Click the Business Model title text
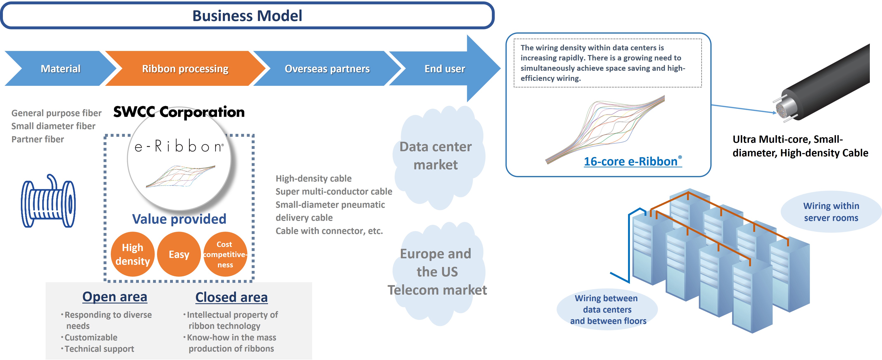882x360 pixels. tap(247, 16)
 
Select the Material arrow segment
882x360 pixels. tap(61, 68)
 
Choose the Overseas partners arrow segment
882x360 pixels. tap(327, 68)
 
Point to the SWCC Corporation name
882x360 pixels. tap(179, 112)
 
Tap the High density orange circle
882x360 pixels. tap(132, 254)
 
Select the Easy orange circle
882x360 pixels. tap(179, 254)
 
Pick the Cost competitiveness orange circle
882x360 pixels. tap(225, 254)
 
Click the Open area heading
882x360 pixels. tap(115, 297)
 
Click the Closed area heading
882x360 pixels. tap(231, 297)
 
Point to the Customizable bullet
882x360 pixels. tap(91, 337)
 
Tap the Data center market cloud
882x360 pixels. tap(436, 156)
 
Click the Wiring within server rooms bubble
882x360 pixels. tap(831, 212)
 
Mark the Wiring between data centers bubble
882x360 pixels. tap(607, 309)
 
